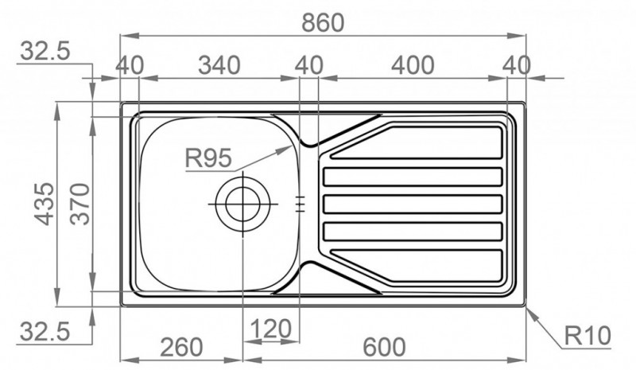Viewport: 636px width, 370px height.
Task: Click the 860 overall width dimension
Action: coord(323,23)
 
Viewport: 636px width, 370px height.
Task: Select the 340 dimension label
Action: coord(219,65)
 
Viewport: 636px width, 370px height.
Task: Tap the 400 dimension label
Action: coord(413,65)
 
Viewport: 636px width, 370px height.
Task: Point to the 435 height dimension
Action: coord(44,204)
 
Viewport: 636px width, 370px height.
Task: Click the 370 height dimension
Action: coord(79,204)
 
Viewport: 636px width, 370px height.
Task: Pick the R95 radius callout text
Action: coord(208,158)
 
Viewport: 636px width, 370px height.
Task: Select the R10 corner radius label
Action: coord(588,336)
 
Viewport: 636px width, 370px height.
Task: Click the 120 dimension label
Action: coord(270,328)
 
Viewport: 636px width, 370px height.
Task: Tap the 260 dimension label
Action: coord(181,347)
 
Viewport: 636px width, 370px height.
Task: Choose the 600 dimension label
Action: coord(384,347)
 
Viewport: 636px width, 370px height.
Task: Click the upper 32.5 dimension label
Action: coord(45,52)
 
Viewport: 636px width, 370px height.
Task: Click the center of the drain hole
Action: coord(242,204)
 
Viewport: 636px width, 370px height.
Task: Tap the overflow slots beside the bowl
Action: coord(300,204)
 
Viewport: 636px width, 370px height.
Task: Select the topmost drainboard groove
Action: coord(418,142)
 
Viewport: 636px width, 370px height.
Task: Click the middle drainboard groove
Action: coord(413,204)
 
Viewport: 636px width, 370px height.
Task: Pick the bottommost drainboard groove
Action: coord(418,266)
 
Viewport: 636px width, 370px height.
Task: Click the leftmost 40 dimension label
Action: coord(130,65)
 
